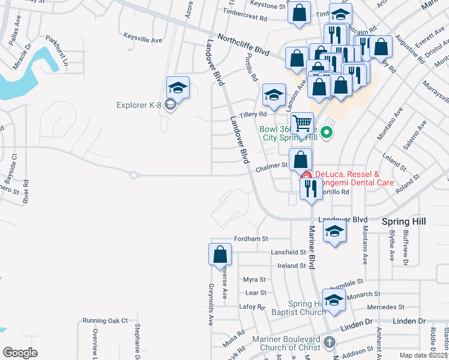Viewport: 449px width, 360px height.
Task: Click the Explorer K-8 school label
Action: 139,106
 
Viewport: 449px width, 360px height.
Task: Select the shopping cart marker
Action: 303,124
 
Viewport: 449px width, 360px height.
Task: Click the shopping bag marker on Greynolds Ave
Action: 220,254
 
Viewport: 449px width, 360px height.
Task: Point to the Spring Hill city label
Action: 404,221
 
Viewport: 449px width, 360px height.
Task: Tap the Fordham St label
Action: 250,239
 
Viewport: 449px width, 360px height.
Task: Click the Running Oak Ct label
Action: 106,320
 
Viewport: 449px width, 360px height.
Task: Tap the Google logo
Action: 20,353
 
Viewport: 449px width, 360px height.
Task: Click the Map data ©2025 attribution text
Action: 423,355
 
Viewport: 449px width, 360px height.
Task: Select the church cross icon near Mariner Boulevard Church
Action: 328,343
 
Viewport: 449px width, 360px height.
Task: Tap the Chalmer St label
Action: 273,166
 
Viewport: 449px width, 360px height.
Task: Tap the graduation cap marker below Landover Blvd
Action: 334,231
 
